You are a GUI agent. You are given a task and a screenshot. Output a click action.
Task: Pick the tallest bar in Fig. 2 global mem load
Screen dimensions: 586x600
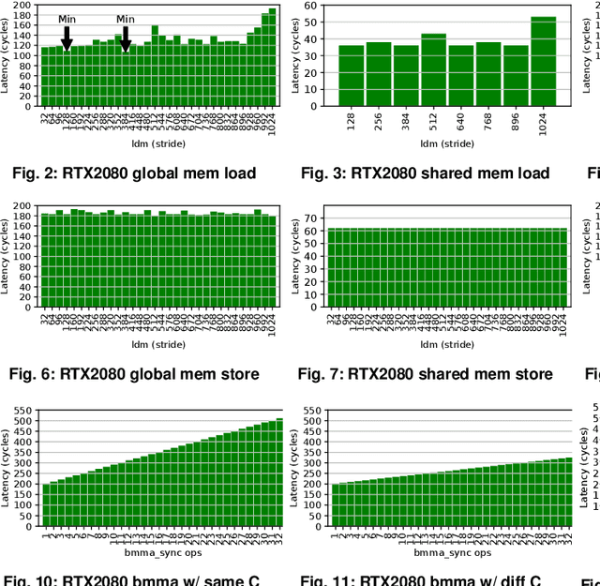coord(273,57)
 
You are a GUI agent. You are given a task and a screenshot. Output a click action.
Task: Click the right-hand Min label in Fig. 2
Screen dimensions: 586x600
coord(126,19)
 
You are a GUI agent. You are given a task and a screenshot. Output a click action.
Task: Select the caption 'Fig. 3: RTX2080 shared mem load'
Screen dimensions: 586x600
coord(425,173)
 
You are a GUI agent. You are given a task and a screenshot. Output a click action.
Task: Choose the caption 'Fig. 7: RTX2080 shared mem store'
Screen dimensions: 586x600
coord(425,374)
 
